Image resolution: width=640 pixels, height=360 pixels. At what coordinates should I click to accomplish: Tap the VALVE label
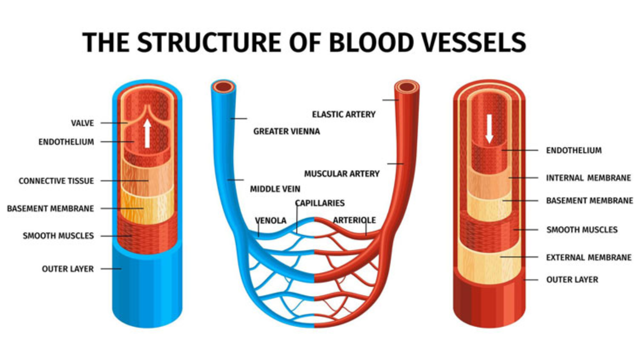pyautogui.click(x=82, y=123)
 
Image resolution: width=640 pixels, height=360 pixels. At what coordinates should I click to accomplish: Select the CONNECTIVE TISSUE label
pyautogui.click(x=56, y=181)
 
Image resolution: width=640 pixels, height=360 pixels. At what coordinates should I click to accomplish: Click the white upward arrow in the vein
pyautogui.click(x=147, y=132)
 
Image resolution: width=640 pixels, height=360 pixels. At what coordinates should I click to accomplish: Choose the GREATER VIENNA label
pyautogui.click(x=286, y=131)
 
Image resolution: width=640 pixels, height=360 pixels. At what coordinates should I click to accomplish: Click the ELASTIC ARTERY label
pyautogui.click(x=343, y=114)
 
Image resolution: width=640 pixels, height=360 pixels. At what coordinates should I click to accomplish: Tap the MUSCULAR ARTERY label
pyautogui.click(x=342, y=174)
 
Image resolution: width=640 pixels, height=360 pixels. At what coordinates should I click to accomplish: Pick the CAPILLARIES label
pyautogui.click(x=320, y=203)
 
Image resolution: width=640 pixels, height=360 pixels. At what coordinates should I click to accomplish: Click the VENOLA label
pyautogui.click(x=270, y=220)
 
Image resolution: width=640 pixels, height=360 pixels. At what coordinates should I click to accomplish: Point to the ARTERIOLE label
pyautogui.click(x=354, y=220)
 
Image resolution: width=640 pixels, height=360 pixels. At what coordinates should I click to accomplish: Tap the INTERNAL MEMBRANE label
pyautogui.click(x=588, y=178)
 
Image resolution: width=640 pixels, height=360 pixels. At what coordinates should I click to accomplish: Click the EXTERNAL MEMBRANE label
pyautogui.click(x=589, y=258)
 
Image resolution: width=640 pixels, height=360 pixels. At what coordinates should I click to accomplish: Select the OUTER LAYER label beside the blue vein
pyautogui.click(x=67, y=269)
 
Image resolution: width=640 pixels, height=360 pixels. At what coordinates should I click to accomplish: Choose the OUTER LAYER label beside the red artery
pyautogui.click(x=572, y=280)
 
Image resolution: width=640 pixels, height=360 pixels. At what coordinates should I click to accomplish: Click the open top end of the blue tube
pyautogui.click(x=223, y=87)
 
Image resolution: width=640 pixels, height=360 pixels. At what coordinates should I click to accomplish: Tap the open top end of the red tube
pyautogui.click(x=407, y=87)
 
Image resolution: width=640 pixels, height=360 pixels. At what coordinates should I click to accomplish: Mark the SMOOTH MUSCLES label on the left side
pyautogui.click(x=58, y=235)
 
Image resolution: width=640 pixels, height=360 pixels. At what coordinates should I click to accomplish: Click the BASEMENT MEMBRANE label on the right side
pyautogui.click(x=589, y=201)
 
